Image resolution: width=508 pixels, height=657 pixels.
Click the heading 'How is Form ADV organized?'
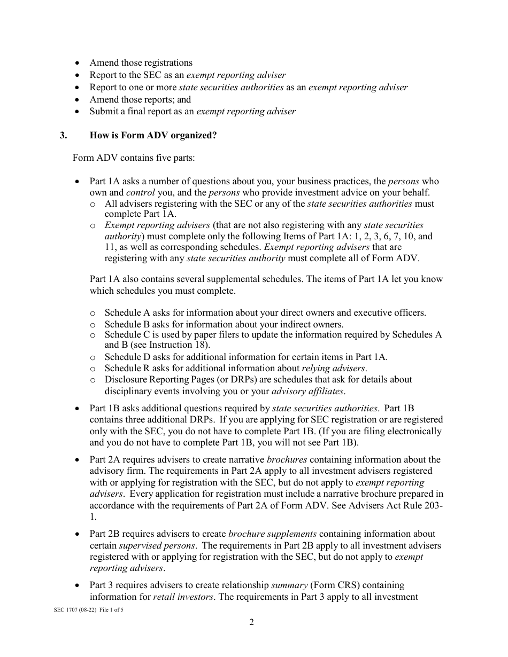[x=153, y=136]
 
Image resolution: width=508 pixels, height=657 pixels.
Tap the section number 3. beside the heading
[x=64, y=136]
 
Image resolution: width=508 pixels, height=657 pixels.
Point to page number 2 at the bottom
[x=251, y=622]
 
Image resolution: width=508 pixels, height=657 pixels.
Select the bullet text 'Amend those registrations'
[x=141, y=63]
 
